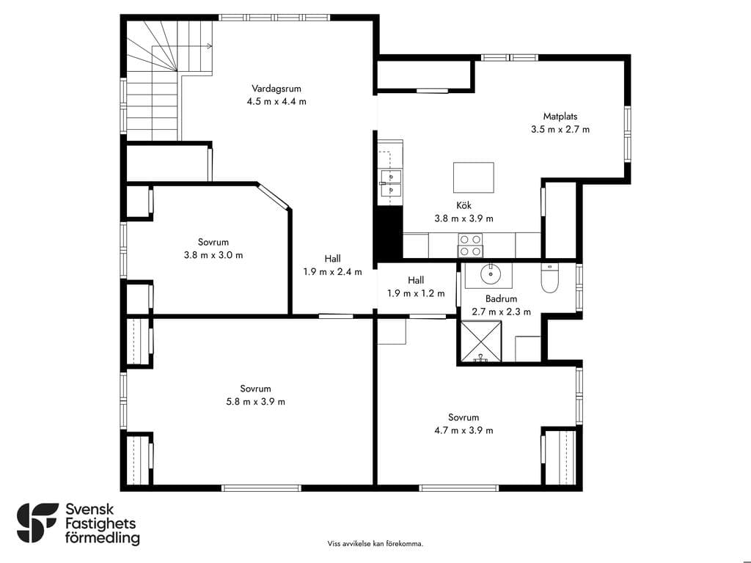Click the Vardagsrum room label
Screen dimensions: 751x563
pyautogui.click(x=276, y=89)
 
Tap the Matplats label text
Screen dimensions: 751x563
pyautogui.click(x=560, y=117)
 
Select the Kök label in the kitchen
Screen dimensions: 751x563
pyautogui.click(x=464, y=205)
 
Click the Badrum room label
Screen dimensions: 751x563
pyautogui.click(x=501, y=299)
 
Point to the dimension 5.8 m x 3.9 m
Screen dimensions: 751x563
pyautogui.click(x=255, y=402)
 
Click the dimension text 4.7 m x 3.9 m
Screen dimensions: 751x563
pyautogui.click(x=464, y=430)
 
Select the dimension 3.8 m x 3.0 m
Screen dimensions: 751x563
pyautogui.click(x=213, y=255)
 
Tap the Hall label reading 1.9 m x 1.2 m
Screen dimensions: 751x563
pyautogui.click(x=416, y=293)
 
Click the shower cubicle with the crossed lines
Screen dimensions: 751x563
pyautogui.click(x=481, y=341)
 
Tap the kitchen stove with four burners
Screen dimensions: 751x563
pyautogui.click(x=470, y=245)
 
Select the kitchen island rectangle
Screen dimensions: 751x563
pyautogui.click(x=474, y=177)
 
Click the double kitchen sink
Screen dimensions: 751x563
pyautogui.click(x=390, y=183)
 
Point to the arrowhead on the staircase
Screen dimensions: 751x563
pyautogui.click(x=209, y=46)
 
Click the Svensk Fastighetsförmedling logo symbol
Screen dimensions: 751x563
pyautogui.click(x=37, y=523)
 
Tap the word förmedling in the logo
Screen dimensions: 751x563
pyautogui.click(x=103, y=537)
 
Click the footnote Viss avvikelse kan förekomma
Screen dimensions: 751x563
pyautogui.click(x=375, y=543)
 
